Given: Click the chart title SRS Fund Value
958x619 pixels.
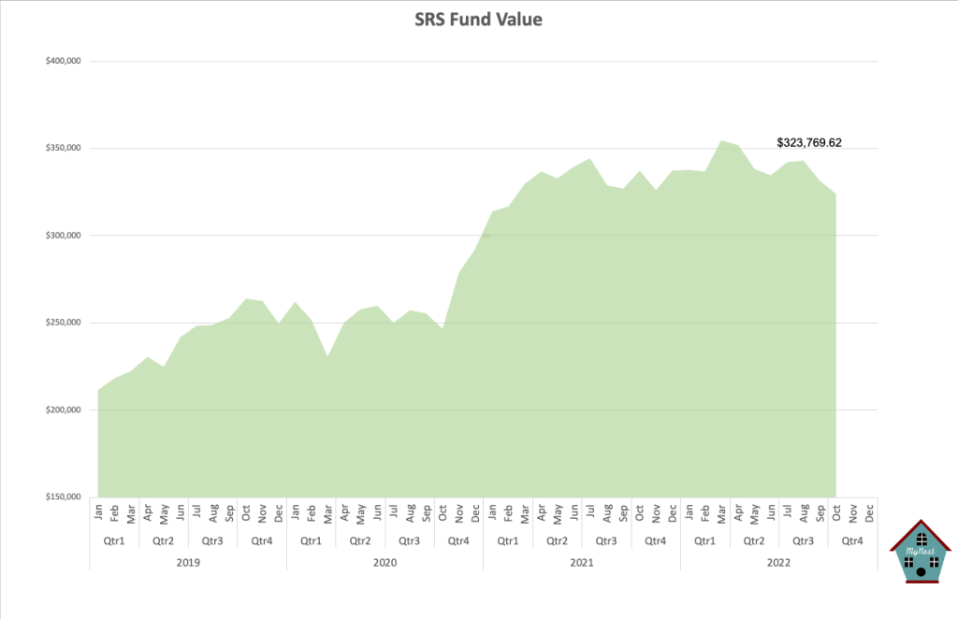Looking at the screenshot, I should (x=478, y=19).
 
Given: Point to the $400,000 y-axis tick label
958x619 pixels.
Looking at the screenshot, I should (x=62, y=62).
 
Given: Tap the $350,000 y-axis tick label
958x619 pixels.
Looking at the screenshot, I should (x=62, y=149).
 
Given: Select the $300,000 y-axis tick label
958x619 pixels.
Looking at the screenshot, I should (x=62, y=236).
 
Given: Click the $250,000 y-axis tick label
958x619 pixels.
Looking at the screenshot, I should (x=62, y=323).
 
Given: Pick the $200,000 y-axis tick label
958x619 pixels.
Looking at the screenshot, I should (x=62, y=410).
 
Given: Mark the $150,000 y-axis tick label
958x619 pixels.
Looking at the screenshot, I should (x=62, y=497).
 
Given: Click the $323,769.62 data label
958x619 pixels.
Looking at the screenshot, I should (x=809, y=143).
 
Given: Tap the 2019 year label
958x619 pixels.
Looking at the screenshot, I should (x=188, y=562).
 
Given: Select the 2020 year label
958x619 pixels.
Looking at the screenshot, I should (x=385, y=562).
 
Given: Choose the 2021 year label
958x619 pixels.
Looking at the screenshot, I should (x=581, y=562).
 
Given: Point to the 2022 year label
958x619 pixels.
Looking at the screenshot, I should (x=778, y=562).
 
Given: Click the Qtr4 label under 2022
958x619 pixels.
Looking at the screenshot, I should (x=852, y=540).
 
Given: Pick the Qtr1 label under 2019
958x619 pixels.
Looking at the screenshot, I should (x=114, y=540).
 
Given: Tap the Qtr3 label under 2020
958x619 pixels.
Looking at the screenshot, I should (x=410, y=540).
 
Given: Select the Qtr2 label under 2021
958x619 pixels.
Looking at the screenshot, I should (x=557, y=540).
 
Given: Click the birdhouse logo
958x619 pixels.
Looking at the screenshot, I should (x=921, y=553).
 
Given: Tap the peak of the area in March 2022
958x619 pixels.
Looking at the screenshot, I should (x=721, y=141).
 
